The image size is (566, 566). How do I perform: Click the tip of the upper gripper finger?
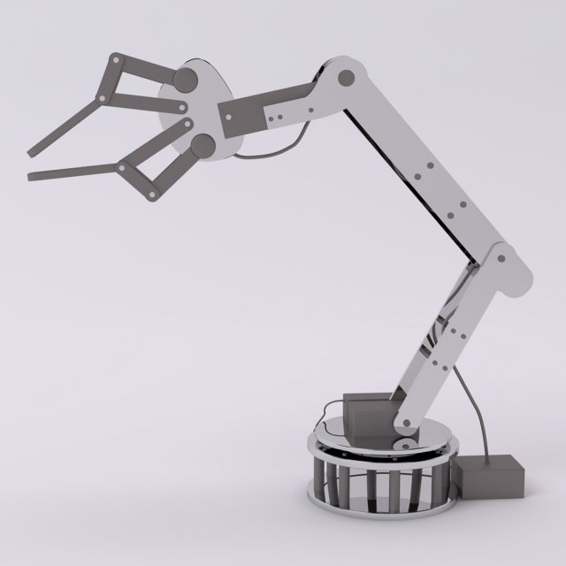[31, 148]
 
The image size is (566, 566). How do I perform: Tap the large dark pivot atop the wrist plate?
[186, 80]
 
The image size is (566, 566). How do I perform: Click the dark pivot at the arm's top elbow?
[341, 78]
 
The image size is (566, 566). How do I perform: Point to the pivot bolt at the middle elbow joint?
[501, 259]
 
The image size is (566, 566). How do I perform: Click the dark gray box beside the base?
[491, 477]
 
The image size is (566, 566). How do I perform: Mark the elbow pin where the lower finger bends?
[121, 165]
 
